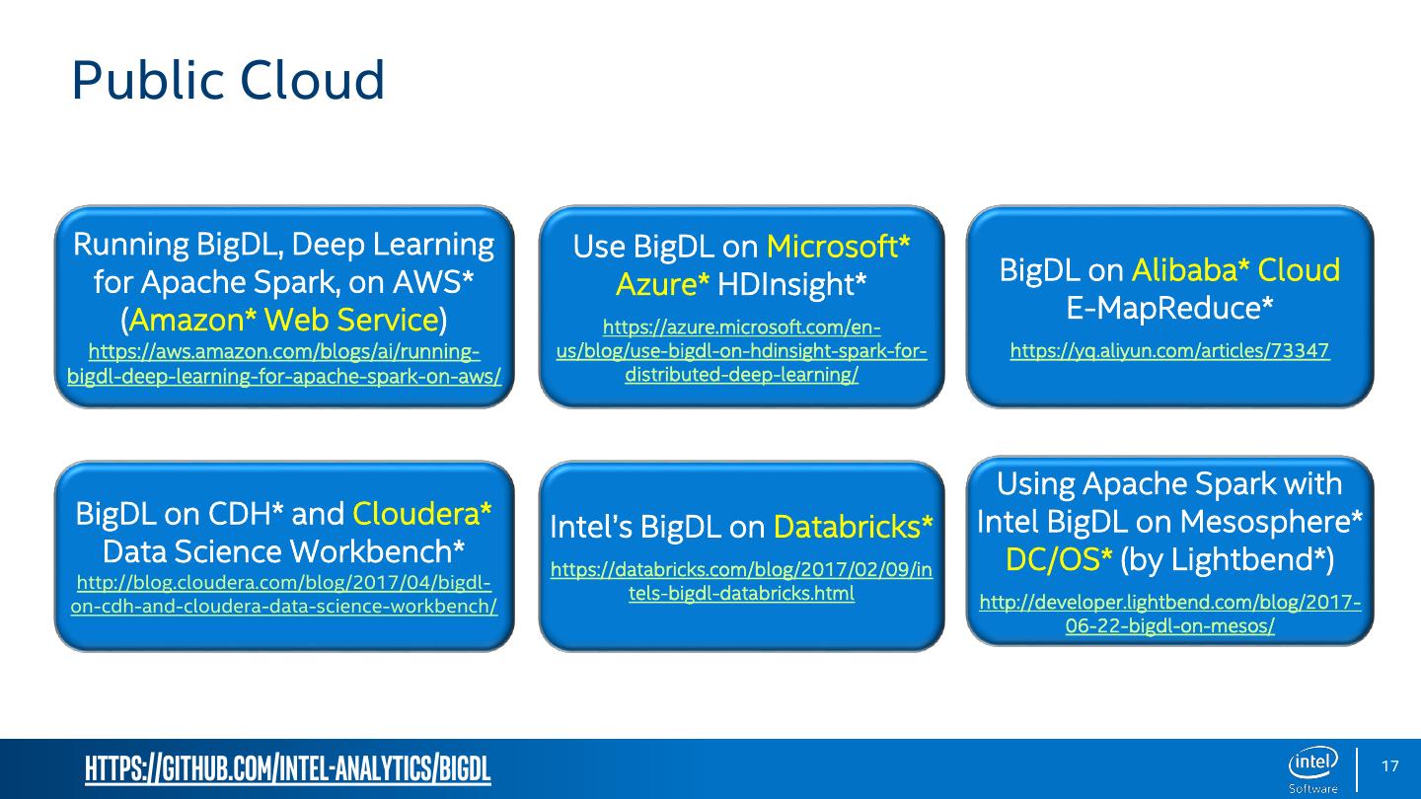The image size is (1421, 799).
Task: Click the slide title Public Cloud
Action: tap(228, 81)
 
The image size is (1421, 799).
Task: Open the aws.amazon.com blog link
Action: tap(284, 364)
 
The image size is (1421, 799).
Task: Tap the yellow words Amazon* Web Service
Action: tap(283, 320)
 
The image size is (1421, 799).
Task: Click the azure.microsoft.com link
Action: tap(741, 351)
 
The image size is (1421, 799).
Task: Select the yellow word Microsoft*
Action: tap(838, 246)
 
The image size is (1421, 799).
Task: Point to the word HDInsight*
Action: tap(792, 285)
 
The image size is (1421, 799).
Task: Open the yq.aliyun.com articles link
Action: tap(1169, 350)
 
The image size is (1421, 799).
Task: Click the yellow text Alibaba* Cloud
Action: tap(1235, 269)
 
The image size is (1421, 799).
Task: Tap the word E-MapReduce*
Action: tap(1169, 309)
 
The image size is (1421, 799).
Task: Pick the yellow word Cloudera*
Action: tap(422, 513)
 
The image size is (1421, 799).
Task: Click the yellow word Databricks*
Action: tap(854, 528)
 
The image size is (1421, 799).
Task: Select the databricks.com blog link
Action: tap(741, 582)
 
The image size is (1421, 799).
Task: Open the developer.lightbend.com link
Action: tap(1169, 615)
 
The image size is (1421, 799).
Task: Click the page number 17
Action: tap(1389, 767)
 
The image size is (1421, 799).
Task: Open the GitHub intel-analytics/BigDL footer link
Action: tap(288, 768)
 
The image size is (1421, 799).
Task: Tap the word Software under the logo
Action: tap(1313, 788)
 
